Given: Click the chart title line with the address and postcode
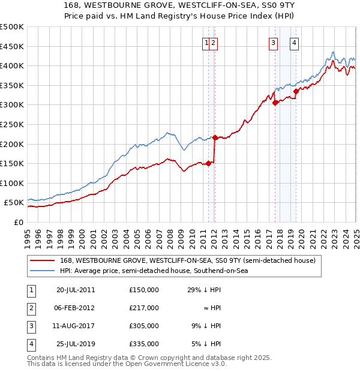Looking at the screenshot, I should [180, 6].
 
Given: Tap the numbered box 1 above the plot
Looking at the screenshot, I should [206, 42].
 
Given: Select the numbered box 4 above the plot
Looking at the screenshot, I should [295, 42].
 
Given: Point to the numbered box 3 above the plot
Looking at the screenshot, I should [273, 42].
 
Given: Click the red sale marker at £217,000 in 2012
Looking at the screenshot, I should [215, 137].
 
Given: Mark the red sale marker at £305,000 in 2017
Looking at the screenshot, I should [275, 103].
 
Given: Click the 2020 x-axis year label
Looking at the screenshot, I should [301, 234].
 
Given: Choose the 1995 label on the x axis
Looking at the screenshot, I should [28, 234].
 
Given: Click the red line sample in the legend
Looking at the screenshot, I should [42, 260].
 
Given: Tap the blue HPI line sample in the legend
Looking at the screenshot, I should [42, 271].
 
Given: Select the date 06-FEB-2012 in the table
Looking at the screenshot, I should [76, 308].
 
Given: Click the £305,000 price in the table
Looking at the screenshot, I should [144, 326].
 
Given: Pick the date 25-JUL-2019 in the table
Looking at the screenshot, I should [76, 344].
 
